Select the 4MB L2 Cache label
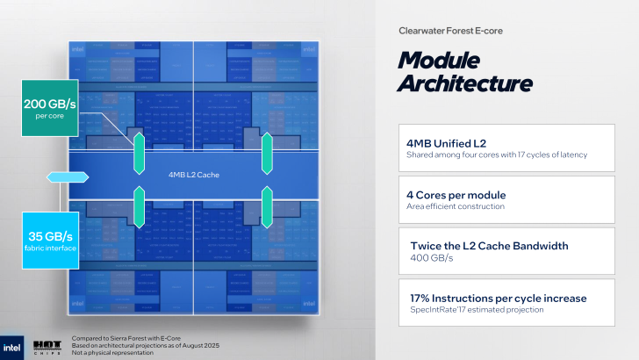(193, 175)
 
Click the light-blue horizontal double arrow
(67, 177)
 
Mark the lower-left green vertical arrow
(138, 207)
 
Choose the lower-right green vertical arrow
(267, 207)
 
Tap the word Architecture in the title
(464, 83)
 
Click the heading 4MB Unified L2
(447, 142)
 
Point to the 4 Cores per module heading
(457, 194)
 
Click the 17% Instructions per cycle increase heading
(497, 298)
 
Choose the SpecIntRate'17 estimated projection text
(477, 309)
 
